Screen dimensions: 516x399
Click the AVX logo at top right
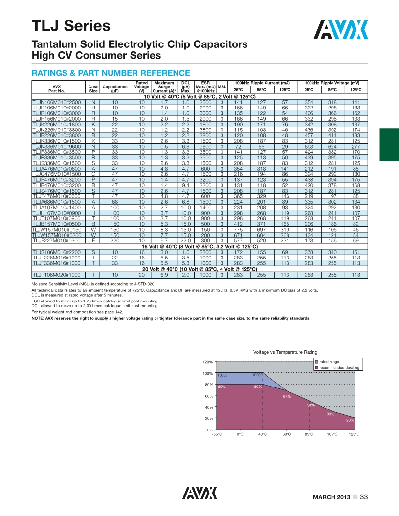(341, 30)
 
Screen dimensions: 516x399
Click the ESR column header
(206, 86)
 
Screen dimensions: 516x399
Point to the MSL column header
(222, 86)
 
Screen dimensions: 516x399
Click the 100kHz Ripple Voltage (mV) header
(332, 82)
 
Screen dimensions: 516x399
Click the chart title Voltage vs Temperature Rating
(285, 352)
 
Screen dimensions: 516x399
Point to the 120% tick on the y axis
(207, 362)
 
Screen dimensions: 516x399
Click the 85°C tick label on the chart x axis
(309, 434)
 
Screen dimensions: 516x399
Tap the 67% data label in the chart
(287, 396)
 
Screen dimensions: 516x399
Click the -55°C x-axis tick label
(217, 434)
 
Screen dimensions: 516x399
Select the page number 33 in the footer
(364, 497)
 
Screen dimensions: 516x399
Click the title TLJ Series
(71, 25)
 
